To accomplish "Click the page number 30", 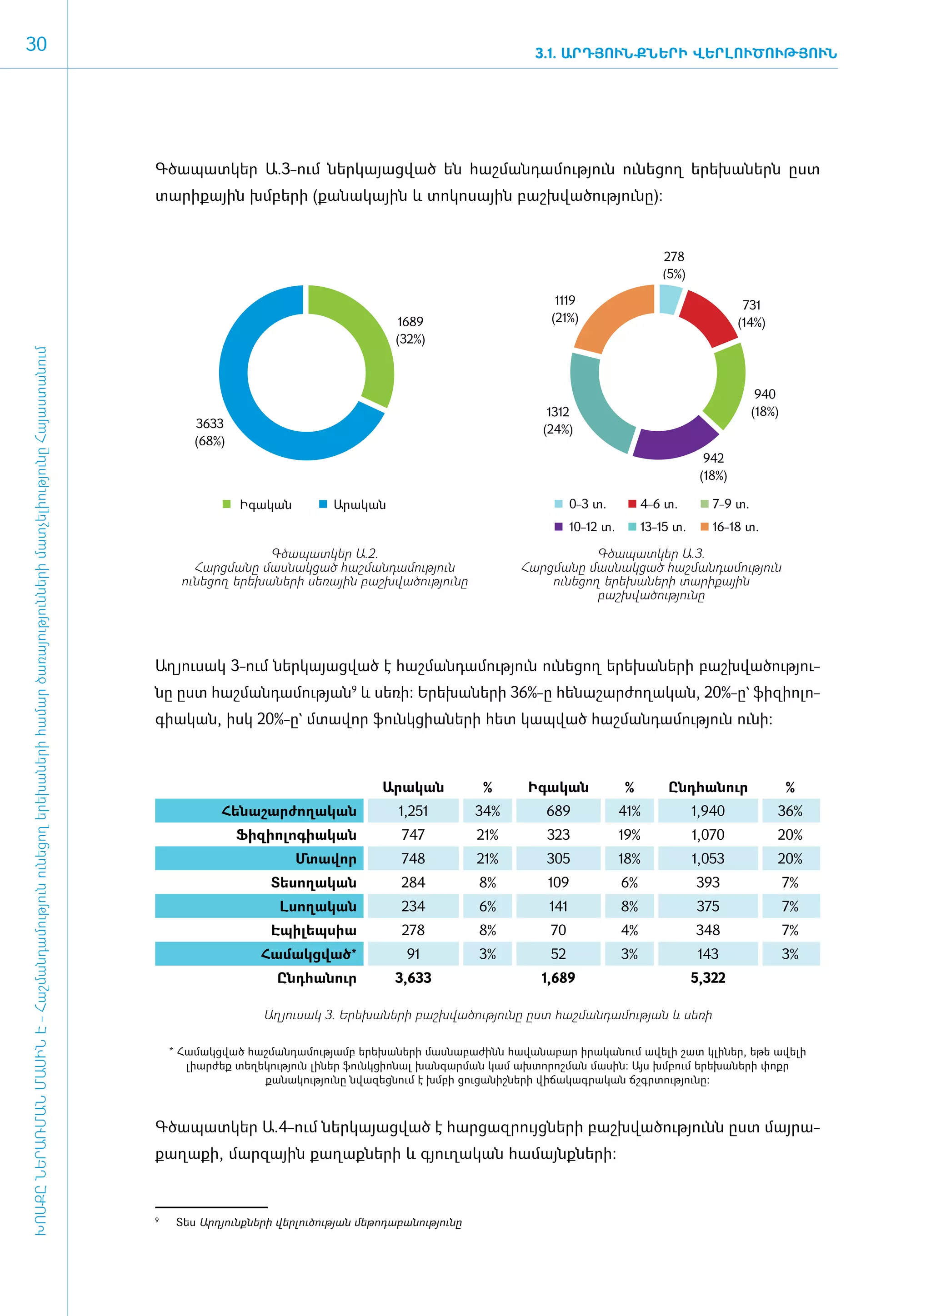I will (x=36, y=44).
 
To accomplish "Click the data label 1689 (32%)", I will (x=410, y=330).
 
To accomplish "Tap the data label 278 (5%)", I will (x=674, y=265).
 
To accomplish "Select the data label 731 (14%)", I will (x=751, y=314).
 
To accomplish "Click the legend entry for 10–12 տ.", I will (x=585, y=527).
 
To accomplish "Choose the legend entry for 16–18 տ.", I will (x=729, y=527).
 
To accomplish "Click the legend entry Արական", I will (x=353, y=505).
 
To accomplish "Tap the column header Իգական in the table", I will (x=558, y=788).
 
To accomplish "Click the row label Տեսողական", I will (x=314, y=882).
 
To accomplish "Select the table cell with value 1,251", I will (x=413, y=811).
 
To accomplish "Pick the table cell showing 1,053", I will (x=708, y=858).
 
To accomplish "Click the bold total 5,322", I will (x=708, y=978).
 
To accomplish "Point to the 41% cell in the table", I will (x=630, y=811).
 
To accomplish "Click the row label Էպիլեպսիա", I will (x=314, y=930).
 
